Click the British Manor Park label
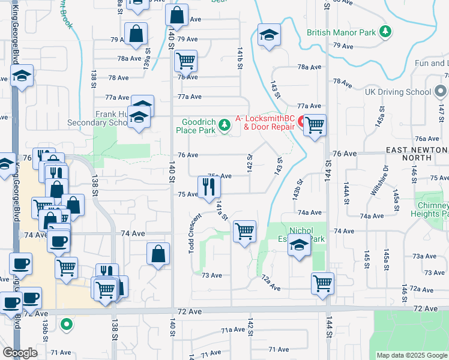coord(342,32)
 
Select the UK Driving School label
coord(398,92)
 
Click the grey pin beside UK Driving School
coord(440,92)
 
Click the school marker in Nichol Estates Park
coord(299,245)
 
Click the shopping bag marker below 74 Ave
coord(158,253)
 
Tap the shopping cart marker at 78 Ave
coord(185,61)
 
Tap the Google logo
coord(20,353)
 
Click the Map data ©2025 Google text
coord(411,355)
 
